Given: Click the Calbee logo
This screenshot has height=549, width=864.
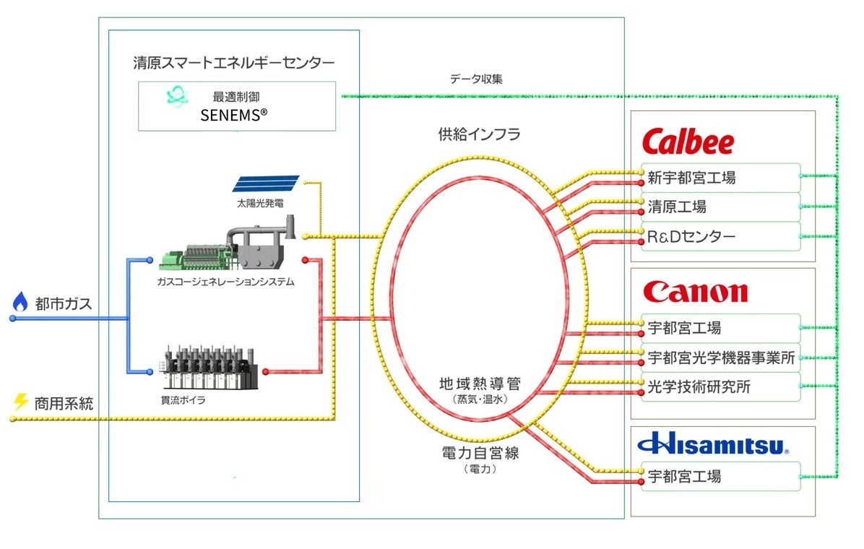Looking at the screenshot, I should (x=688, y=142).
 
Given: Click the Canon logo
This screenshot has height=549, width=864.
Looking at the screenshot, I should (x=695, y=292).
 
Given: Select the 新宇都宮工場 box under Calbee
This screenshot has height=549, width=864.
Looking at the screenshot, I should (x=720, y=178).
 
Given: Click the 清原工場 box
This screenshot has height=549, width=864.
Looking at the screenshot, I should (x=720, y=207).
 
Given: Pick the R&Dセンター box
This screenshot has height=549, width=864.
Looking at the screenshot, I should (x=720, y=236).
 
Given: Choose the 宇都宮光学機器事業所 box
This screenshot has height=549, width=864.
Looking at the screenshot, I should (x=720, y=358).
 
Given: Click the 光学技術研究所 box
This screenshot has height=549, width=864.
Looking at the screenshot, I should (x=720, y=387).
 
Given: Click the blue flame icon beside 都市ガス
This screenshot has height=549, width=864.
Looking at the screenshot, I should (x=20, y=302).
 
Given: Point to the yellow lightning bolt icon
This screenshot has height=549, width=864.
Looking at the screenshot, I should (x=20, y=402).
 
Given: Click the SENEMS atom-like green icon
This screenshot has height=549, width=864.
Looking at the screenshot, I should (x=176, y=97).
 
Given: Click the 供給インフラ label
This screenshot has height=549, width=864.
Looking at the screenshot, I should (x=479, y=134).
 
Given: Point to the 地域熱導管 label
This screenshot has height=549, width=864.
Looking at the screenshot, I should (x=479, y=384).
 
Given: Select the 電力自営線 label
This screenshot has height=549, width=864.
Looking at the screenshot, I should (x=479, y=454).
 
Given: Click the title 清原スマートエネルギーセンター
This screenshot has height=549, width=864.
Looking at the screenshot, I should (x=234, y=63).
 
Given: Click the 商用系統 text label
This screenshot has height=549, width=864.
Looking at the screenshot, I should (x=64, y=403).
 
